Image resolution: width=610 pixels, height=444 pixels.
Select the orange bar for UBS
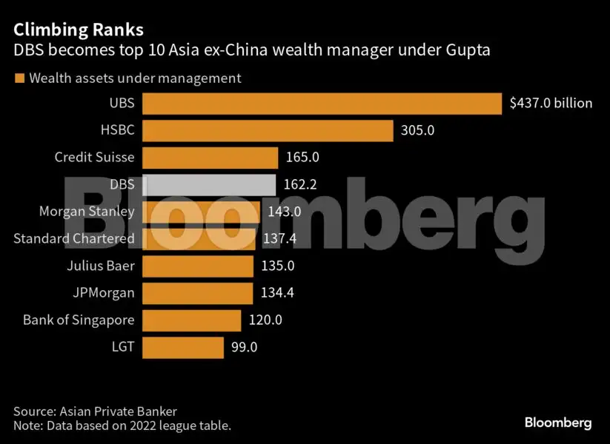322,104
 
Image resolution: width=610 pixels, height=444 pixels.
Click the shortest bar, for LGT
182,347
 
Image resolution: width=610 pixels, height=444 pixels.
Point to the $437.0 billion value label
551,104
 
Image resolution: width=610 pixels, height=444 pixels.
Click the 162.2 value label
300,184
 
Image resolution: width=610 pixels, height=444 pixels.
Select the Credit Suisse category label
94,157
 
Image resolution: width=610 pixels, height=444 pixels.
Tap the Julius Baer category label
102,266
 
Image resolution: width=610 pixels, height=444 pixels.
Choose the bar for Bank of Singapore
191,320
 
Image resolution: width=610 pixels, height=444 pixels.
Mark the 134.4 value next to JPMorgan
277,293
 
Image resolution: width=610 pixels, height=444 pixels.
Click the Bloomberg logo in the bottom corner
557,423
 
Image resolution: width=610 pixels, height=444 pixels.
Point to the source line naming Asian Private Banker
95,411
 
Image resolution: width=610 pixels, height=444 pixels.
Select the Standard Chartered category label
74,238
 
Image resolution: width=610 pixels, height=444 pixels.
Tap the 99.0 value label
244,347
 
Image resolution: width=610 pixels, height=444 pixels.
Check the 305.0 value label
417,131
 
